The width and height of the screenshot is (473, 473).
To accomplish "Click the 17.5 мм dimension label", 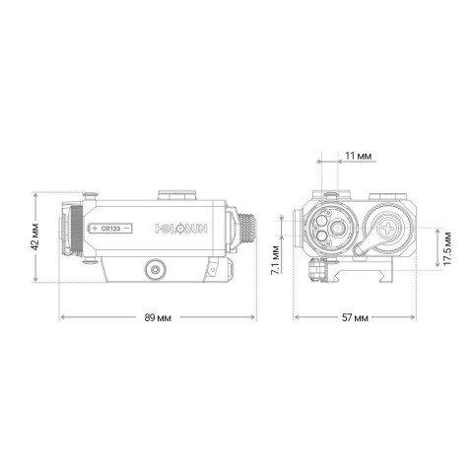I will click(x=449, y=250).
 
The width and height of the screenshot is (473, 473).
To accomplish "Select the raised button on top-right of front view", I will click(x=388, y=194).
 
